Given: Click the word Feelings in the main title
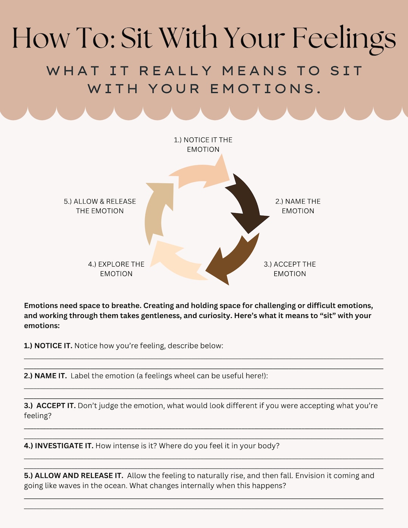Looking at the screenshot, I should [x=344, y=39].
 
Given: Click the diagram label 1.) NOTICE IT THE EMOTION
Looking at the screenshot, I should [x=203, y=145].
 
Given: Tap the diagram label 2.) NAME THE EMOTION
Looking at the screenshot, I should [x=298, y=206].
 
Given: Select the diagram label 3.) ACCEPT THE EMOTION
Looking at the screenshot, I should [x=290, y=269].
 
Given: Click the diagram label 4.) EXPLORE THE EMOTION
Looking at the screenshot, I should [x=116, y=269].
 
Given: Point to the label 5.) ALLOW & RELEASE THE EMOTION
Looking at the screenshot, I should [x=100, y=206].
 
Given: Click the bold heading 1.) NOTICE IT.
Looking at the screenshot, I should [x=48, y=346].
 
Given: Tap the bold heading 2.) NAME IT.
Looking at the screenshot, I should [x=45, y=376].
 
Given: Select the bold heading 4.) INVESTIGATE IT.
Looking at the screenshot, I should [x=59, y=446].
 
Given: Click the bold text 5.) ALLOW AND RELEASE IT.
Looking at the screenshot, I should [x=74, y=476].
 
